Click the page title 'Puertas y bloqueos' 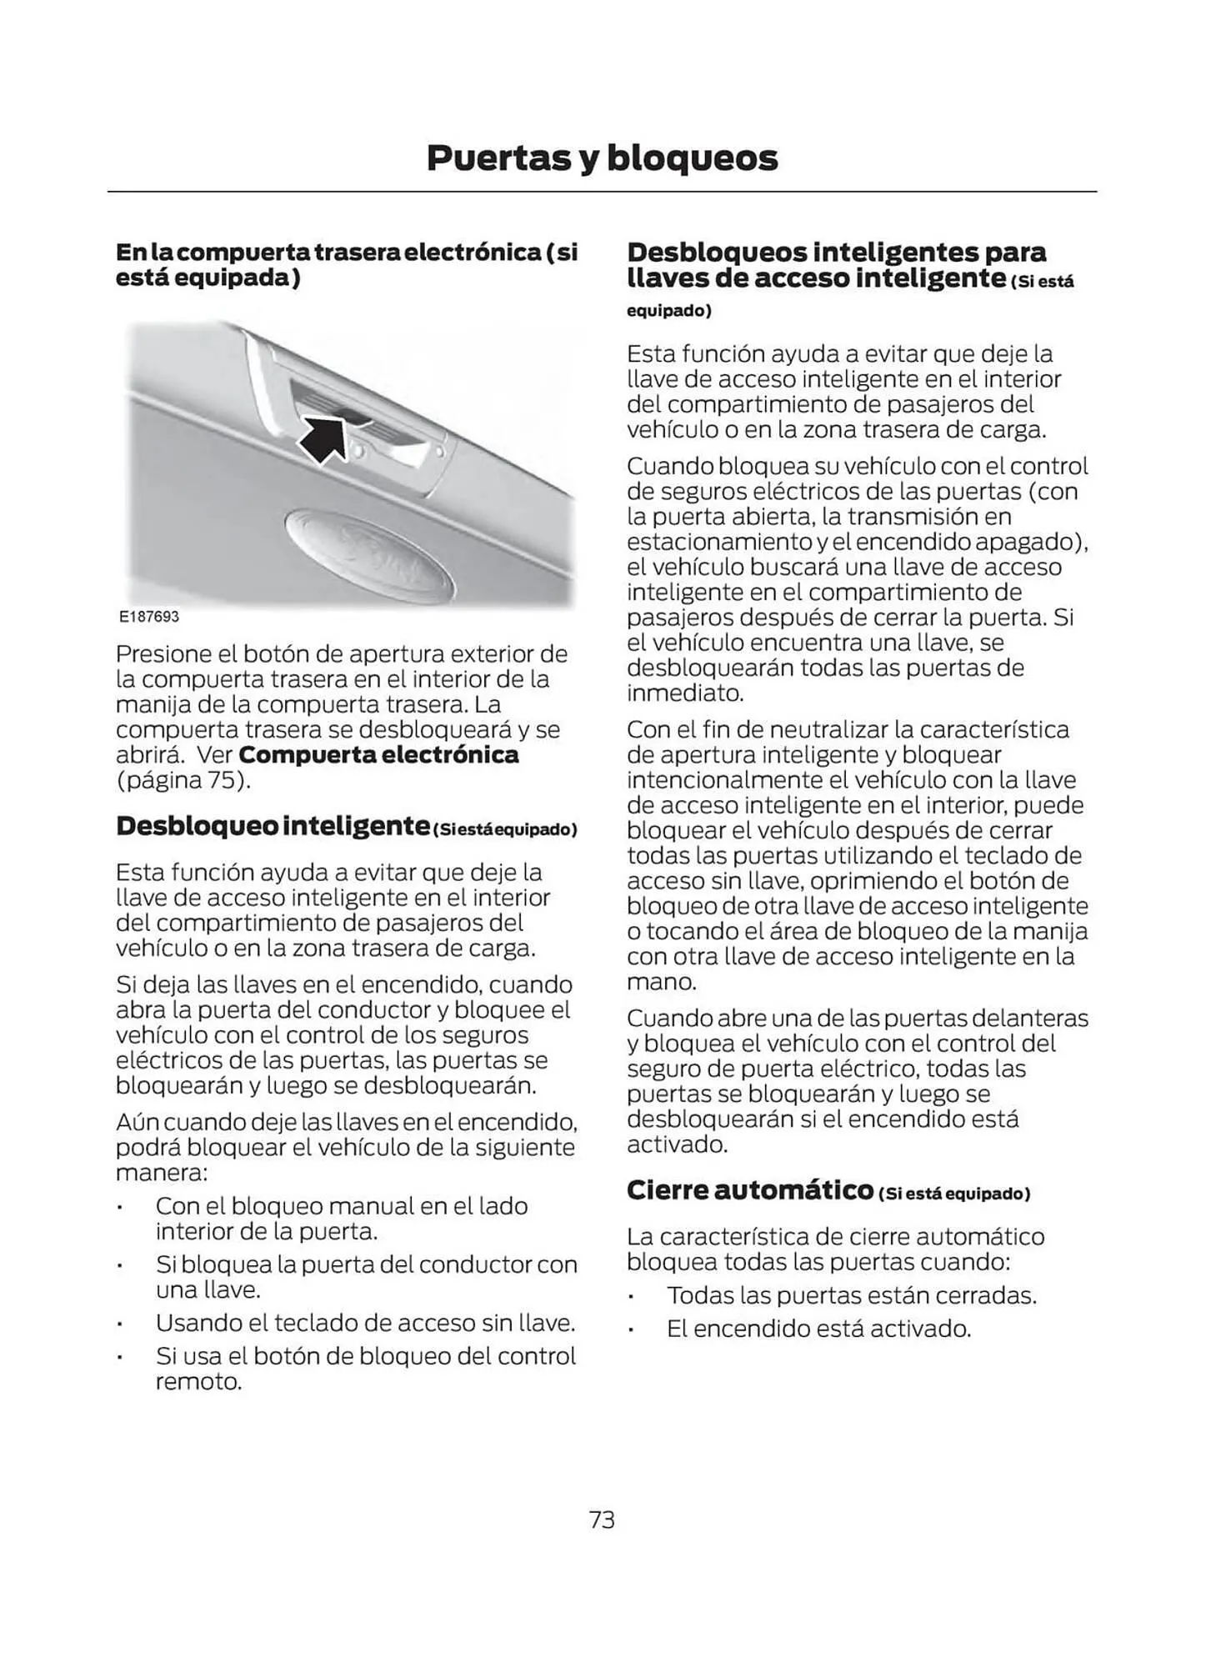[x=601, y=158]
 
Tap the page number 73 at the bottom [x=601, y=1520]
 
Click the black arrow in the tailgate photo [x=326, y=438]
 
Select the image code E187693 [x=148, y=617]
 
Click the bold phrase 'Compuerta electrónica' [x=378, y=755]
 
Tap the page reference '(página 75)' [x=183, y=781]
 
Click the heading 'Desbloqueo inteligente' [x=273, y=826]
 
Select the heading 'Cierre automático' [x=749, y=1190]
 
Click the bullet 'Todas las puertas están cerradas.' [x=851, y=1296]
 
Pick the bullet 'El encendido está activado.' [x=818, y=1329]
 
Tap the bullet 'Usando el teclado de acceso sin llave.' [x=365, y=1324]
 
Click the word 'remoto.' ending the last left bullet [x=198, y=1382]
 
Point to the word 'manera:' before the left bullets [x=162, y=1173]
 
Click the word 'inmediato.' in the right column [x=685, y=693]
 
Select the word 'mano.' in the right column [x=661, y=982]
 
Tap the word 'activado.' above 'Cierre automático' [x=677, y=1144]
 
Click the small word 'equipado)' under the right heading [x=668, y=311]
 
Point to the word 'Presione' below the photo [x=163, y=654]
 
